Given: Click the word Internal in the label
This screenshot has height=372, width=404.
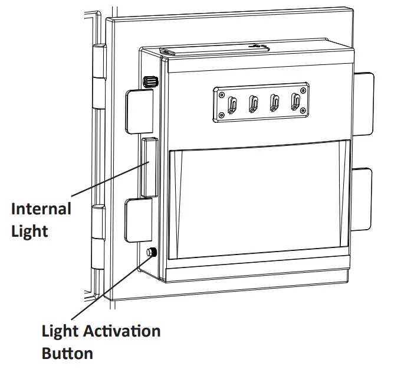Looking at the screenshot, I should [41, 209].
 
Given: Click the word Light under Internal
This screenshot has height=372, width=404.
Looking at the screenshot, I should [29, 230].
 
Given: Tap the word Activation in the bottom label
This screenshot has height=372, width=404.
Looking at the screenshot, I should [120, 331].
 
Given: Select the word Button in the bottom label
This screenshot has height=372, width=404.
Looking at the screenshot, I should [67, 353].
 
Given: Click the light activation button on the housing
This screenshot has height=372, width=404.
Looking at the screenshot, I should [151, 253].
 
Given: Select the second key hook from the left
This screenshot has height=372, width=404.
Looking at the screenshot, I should [254, 105].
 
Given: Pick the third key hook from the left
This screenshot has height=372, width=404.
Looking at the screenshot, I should [274, 105].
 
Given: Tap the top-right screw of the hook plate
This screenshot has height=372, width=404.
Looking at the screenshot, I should [303, 90].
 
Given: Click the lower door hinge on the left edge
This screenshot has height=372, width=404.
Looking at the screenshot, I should [98, 236].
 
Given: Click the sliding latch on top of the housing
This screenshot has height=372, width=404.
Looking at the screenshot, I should [257, 45].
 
